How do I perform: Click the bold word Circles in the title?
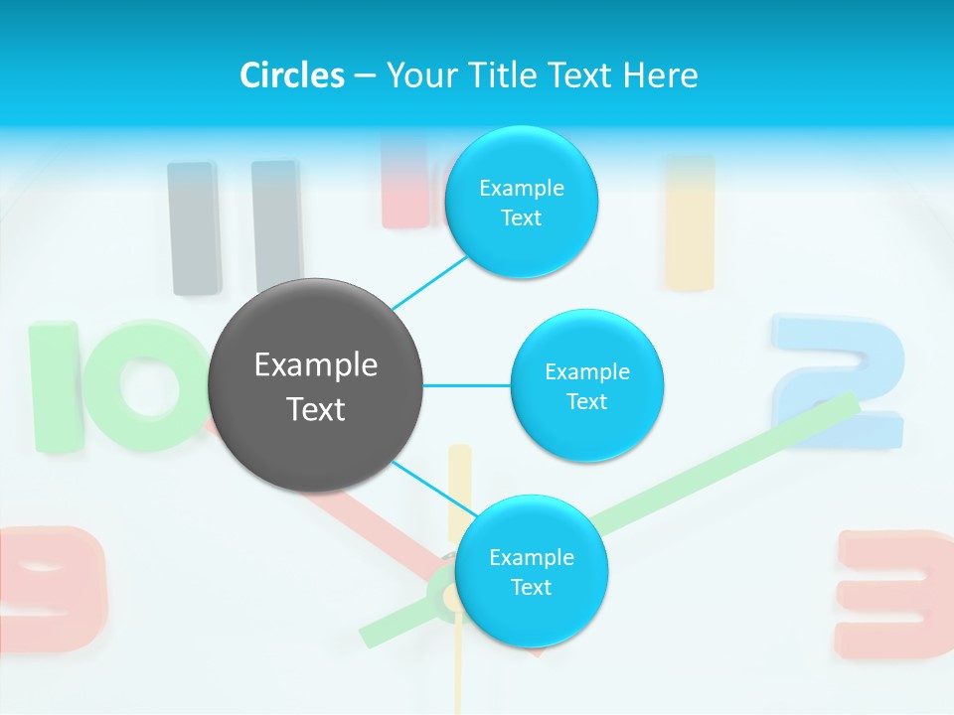point(291,75)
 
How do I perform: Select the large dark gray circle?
point(315,385)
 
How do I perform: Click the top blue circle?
point(521,203)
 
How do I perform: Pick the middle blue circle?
point(586,385)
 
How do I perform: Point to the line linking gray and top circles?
point(429,281)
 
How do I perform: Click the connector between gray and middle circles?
point(466,385)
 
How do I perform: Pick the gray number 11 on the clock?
point(235,227)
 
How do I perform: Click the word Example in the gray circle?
point(315,365)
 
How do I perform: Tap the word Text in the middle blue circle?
point(586,401)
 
